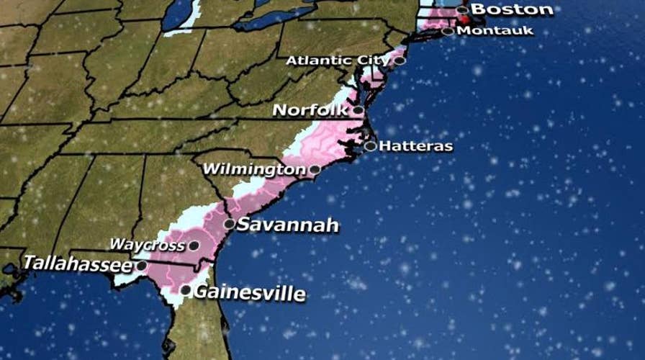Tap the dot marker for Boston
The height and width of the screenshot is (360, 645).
click(462, 10)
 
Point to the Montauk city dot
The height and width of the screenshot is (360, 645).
click(448, 31)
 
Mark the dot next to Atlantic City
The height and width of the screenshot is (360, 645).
click(400, 60)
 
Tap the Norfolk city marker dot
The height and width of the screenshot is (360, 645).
click(358, 110)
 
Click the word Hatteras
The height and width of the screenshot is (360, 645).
click(416, 146)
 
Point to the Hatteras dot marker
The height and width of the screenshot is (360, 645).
click(370, 146)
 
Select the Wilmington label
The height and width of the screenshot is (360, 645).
click(255, 170)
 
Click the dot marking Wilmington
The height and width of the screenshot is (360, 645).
click(315, 170)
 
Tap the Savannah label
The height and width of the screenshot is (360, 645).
click(287, 225)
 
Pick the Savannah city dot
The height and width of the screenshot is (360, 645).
click(229, 224)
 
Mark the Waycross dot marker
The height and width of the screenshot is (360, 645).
click(193, 246)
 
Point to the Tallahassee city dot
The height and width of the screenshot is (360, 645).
click(142, 266)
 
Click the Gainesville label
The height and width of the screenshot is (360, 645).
click(250, 293)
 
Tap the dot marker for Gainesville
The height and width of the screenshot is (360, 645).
click(186, 290)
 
